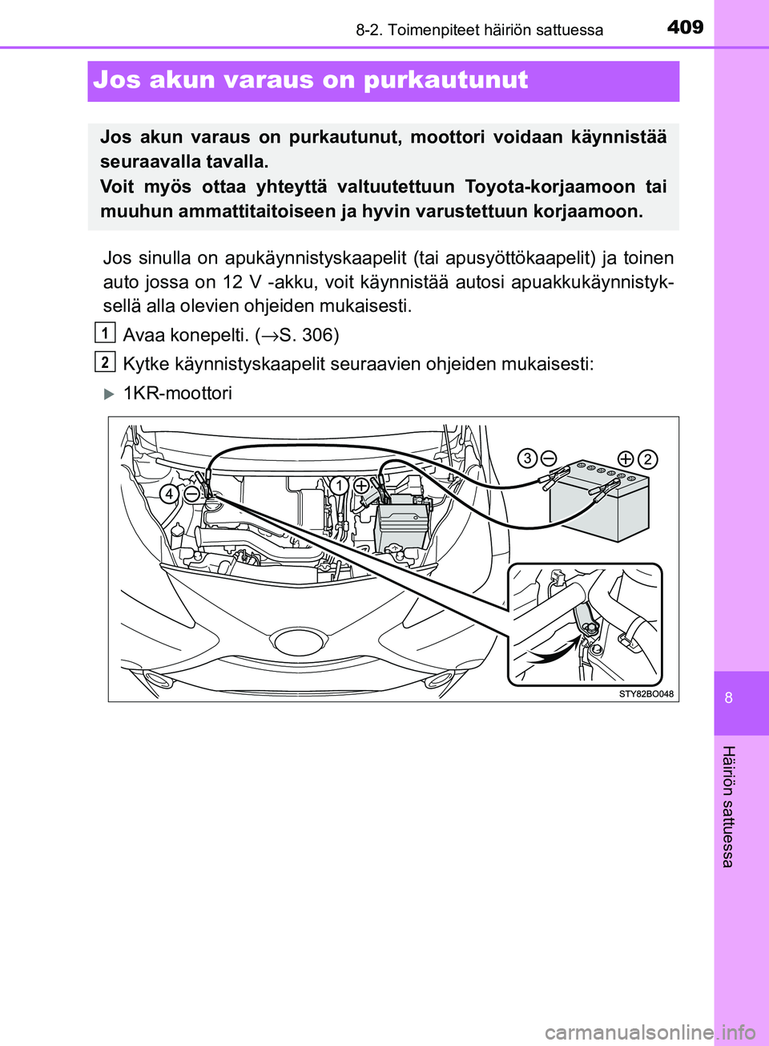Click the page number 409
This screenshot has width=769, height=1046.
(x=685, y=27)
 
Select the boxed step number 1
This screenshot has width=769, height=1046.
(x=104, y=332)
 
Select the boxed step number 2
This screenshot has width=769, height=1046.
(x=104, y=361)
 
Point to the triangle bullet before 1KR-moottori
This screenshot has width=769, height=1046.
(x=110, y=394)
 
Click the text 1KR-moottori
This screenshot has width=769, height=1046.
(x=178, y=394)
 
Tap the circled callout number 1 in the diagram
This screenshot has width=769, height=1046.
(x=340, y=486)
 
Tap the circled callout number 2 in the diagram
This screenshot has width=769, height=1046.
(x=647, y=459)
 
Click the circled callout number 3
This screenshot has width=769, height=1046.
(x=526, y=458)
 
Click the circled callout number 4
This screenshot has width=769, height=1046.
(x=169, y=494)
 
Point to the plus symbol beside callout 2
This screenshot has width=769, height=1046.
(x=626, y=459)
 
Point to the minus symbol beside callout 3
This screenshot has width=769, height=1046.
(x=549, y=458)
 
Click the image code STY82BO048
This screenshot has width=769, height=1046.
(x=646, y=694)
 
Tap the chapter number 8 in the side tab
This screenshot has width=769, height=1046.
(x=728, y=697)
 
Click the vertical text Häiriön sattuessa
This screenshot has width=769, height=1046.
(x=727, y=806)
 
